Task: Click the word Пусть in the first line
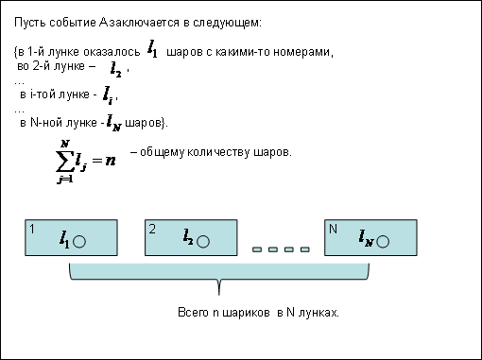pyautogui.click(x=30, y=23)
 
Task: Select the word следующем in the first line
pyautogui.click(x=227, y=24)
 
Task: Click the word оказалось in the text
pyautogui.click(x=112, y=52)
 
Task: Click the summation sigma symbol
pyautogui.click(x=65, y=162)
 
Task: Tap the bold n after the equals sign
pyautogui.click(x=111, y=161)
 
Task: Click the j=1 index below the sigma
pyautogui.click(x=65, y=180)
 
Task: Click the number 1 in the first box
pyautogui.click(x=32, y=229)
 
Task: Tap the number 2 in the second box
pyautogui.click(x=152, y=229)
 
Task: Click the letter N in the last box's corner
pyautogui.click(x=333, y=229)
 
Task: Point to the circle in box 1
pyautogui.click(x=79, y=242)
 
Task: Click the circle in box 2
pyautogui.click(x=203, y=242)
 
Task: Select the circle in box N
pyautogui.click(x=383, y=242)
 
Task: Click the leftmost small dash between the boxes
pyautogui.click(x=257, y=249)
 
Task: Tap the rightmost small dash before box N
pyautogui.click(x=304, y=249)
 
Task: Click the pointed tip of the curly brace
pyautogui.click(x=219, y=295)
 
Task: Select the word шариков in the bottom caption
pyautogui.click(x=246, y=313)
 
